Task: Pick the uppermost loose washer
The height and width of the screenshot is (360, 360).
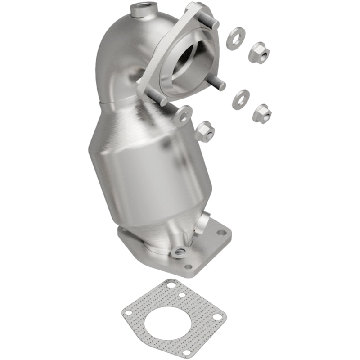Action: (x=236, y=36)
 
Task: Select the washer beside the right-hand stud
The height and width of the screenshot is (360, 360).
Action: (x=241, y=99)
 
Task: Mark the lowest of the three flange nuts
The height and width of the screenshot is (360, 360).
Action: (x=205, y=131)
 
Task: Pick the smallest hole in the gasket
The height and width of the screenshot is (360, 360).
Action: (x=182, y=295)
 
